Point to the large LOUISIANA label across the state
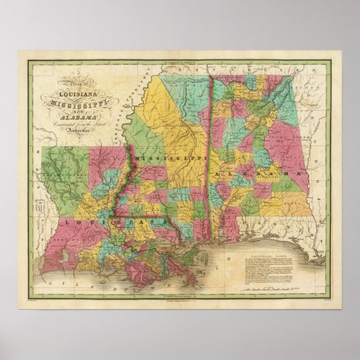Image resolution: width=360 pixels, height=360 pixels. click(x=109, y=221)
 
